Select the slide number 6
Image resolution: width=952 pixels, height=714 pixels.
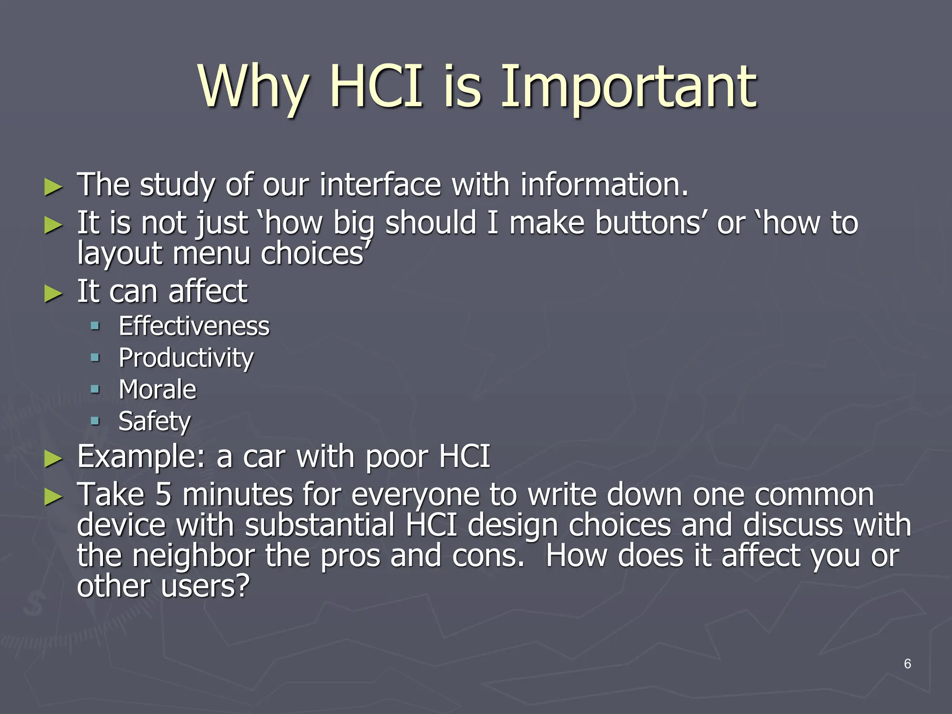907,664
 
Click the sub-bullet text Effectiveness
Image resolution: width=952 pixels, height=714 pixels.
194,326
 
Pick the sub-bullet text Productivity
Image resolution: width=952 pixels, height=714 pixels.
186,358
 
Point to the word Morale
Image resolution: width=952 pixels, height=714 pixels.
157,390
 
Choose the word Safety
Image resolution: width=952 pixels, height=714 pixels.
154,421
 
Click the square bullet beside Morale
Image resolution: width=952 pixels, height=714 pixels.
95,389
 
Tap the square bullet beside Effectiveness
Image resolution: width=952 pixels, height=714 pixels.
95,325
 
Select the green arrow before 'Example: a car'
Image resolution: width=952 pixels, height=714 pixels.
53,458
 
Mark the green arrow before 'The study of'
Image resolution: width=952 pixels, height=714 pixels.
53,187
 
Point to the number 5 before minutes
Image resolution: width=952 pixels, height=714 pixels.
163,495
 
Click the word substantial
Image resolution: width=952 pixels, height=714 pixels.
320,525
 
